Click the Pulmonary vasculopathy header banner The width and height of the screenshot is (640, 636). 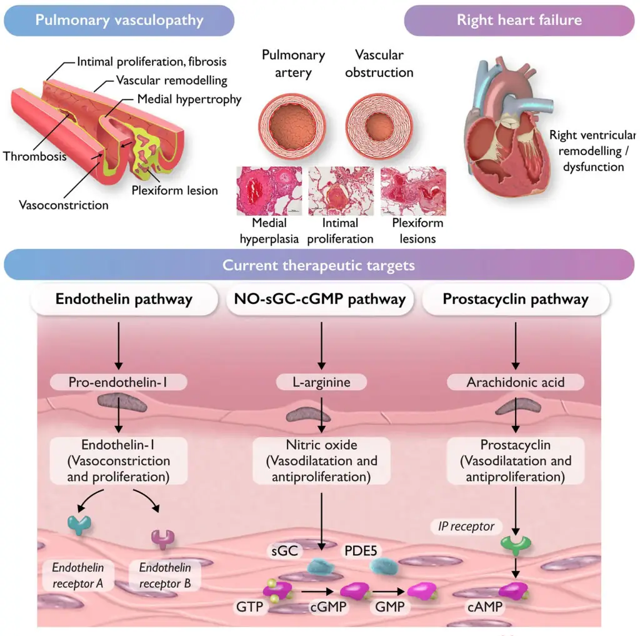119,20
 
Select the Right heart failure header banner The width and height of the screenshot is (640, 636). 519,20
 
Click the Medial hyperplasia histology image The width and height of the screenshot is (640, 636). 269,191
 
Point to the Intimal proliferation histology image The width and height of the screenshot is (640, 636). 341,191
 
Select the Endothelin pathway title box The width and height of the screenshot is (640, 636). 124,300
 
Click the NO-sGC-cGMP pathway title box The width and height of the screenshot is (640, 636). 320,300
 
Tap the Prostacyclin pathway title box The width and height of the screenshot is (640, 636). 516,300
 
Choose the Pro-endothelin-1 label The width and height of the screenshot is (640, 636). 118,381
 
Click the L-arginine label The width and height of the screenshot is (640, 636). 321,381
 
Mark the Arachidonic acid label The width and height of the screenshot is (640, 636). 516,381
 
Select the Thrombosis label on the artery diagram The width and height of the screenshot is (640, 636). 35,156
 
